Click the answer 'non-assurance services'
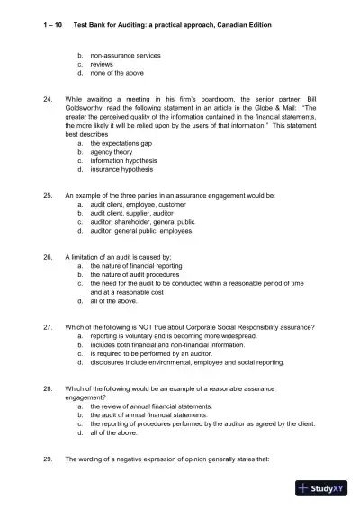(x=125, y=56)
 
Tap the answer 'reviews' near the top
(x=102, y=65)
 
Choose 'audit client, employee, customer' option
(x=136, y=204)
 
